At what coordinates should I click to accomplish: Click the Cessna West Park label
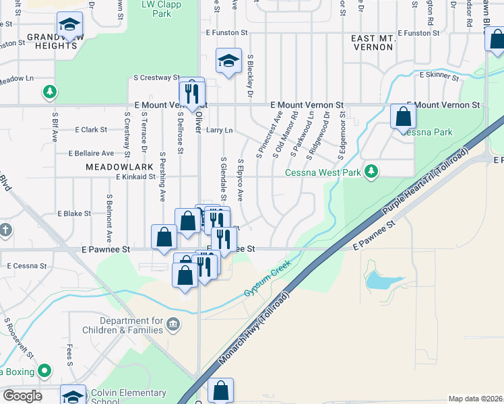pyautogui.click(x=323, y=172)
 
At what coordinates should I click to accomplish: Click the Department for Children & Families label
pyautogui.click(x=122, y=325)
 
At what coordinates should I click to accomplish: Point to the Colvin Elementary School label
pyautogui.click(x=128, y=397)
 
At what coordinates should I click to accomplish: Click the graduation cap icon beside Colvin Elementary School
pyautogui.click(x=73, y=395)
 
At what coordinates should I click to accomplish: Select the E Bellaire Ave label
pyautogui.click(x=100, y=154)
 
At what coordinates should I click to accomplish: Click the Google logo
pyautogui.click(x=22, y=396)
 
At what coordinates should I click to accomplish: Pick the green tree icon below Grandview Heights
pyautogui.click(x=49, y=91)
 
